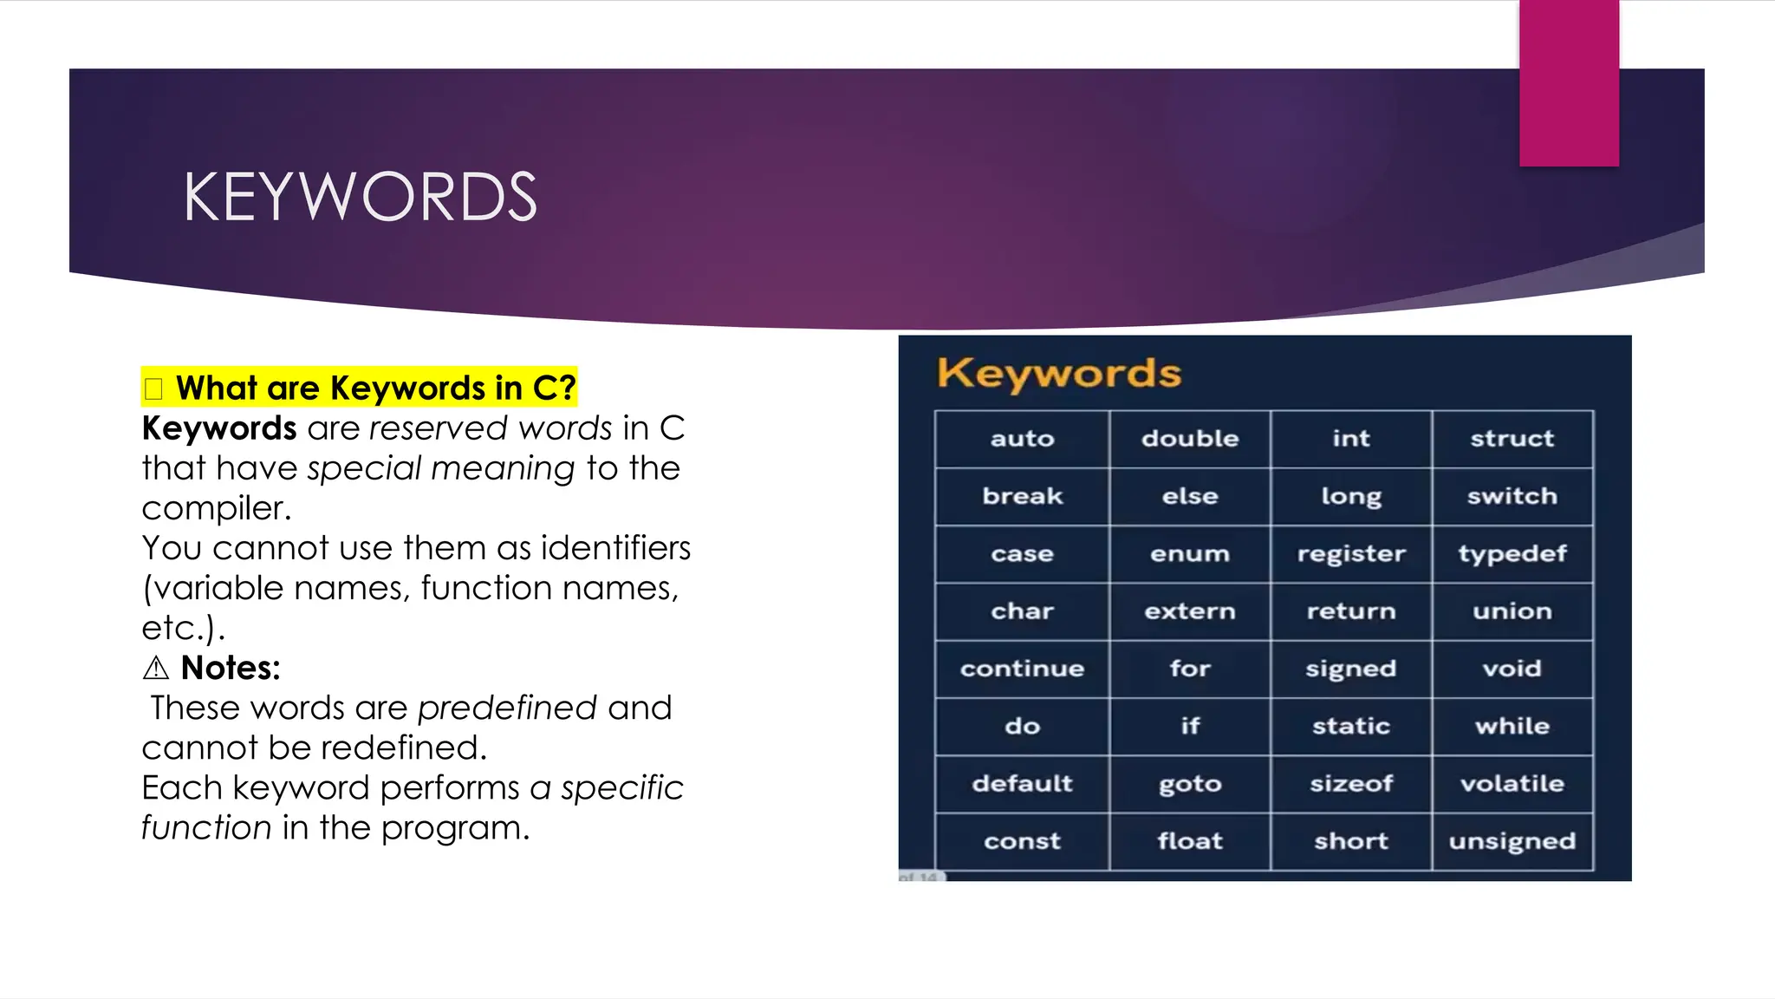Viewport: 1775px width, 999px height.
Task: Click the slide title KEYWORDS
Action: pos(360,197)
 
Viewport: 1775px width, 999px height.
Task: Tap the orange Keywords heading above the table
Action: pos(1058,374)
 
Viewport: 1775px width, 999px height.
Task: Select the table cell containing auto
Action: pos(1022,439)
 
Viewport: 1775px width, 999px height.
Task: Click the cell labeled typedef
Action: pos(1512,553)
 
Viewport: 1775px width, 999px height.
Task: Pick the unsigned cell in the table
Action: pos(1512,841)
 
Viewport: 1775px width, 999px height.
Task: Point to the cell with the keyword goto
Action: pos(1189,784)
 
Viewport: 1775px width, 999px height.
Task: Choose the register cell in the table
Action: pos(1350,553)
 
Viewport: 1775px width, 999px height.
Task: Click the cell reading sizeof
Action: pos(1350,784)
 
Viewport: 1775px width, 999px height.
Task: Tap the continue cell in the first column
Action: pos(1022,669)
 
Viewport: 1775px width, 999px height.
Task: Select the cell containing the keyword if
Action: pos(1189,726)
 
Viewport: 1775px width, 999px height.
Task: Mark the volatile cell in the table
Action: pos(1512,784)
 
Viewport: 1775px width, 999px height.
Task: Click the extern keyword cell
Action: pos(1189,611)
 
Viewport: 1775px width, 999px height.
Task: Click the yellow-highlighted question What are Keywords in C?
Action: pos(375,388)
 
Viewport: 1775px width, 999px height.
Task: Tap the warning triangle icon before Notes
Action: pos(156,669)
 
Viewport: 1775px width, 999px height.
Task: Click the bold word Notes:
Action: pos(231,668)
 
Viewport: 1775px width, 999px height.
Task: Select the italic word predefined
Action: pos(507,708)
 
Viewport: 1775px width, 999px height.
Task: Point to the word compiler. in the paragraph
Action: pos(217,508)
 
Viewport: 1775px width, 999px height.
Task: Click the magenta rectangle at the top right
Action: pos(1569,83)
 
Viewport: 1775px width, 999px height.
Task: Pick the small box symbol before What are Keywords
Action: pos(154,388)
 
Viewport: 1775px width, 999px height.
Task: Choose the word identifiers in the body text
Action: pos(615,548)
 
